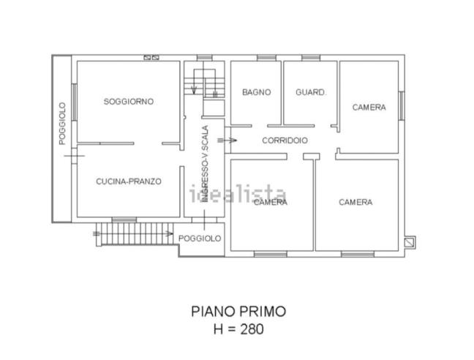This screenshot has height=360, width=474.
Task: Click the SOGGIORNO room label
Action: (128, 102)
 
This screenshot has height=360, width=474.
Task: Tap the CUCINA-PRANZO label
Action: (129, 181)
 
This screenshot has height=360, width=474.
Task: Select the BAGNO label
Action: (256, 92)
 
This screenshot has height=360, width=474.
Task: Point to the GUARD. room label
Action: (310, 92)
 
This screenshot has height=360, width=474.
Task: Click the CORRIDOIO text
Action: (285, 140)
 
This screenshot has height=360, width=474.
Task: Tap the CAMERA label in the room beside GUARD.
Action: (369, 108)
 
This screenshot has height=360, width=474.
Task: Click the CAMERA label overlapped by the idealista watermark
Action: (270, 202)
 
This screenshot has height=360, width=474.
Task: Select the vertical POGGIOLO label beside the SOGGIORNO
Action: (62, 122)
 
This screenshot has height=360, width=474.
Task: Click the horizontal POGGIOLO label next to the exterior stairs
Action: (200, 239)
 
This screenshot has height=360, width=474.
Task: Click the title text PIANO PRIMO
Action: (238, 311)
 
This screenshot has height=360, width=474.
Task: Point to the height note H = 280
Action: (238, 329)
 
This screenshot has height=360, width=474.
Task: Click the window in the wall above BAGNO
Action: (256, 57)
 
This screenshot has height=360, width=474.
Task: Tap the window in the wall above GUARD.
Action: (310, 57)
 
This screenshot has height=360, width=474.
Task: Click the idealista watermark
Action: (238, 195)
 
